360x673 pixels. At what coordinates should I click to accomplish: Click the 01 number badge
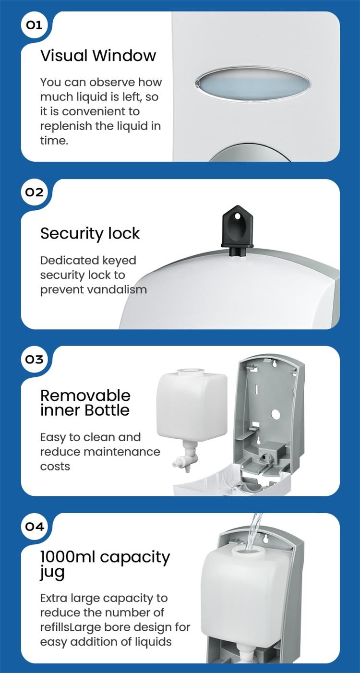coord(34,25)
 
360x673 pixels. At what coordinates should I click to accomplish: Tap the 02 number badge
coord(34,192)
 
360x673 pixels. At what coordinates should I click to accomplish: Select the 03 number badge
coord(34,359)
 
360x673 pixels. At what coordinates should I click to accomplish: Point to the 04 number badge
coord(34,527)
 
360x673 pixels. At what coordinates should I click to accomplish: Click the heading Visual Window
coord(98,56)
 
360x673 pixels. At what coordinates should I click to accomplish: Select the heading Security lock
coord(90,233)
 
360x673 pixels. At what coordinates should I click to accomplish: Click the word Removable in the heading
coord(85,396)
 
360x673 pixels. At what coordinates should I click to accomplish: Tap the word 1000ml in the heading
coord(67,557)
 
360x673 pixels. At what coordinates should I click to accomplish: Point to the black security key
coord(237,226)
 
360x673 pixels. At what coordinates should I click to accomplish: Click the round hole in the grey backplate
coord(276,413)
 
